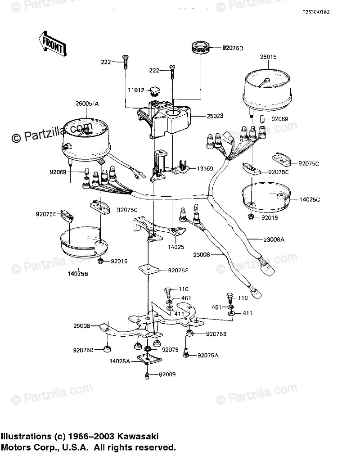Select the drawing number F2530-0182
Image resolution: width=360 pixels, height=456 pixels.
(316, 12)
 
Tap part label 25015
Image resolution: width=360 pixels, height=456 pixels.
(268, 58)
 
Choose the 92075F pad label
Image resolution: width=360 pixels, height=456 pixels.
(179, 271)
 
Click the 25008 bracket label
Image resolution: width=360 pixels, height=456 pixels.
(82, 325)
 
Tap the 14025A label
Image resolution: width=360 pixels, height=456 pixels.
(120, 361)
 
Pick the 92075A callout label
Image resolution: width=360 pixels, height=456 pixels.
(208, 355)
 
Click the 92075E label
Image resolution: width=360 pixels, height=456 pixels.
(46, 214)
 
